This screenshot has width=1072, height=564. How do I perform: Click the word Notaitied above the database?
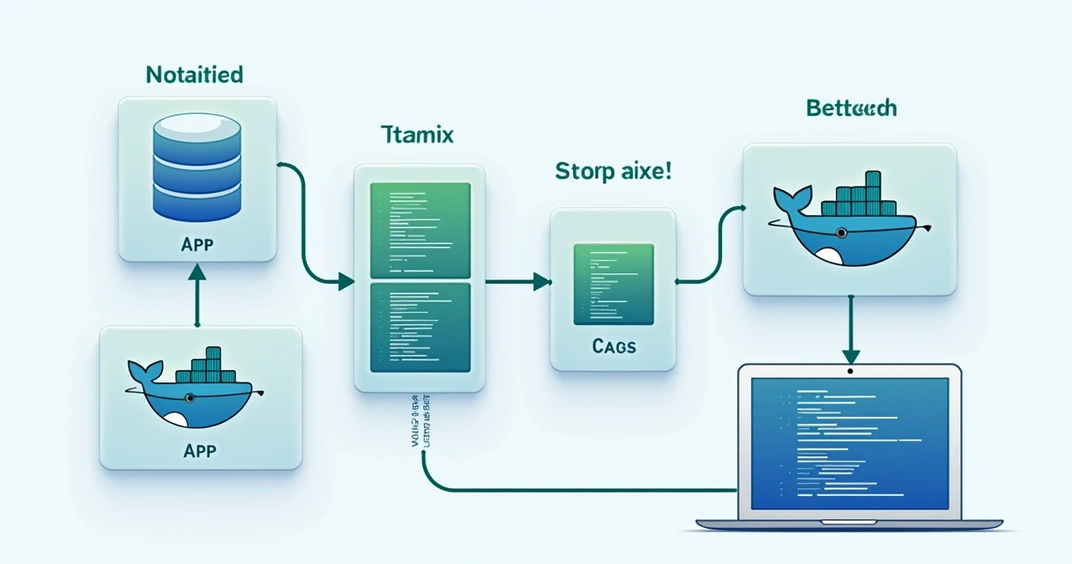click(194, 75)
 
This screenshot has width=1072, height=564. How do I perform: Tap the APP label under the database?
click(196, 244)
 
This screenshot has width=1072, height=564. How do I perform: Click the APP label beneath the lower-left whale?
click(200, 450)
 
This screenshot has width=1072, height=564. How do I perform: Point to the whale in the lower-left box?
click(189, 396)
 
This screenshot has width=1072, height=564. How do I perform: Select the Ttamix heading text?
click(417, 136)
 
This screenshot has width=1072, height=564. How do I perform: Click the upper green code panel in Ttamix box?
click(420, 229)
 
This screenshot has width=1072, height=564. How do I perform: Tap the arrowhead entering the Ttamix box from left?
click(346, 282)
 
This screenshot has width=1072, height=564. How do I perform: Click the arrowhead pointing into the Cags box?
click(541, 282)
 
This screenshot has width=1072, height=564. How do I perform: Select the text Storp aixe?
click(614, 171)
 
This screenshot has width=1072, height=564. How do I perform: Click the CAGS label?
click(614, 346)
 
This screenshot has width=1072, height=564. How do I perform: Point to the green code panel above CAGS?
click(614, 284)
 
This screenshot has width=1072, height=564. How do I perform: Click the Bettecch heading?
click(851, 108)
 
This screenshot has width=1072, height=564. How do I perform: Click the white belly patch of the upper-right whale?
click(830, 256)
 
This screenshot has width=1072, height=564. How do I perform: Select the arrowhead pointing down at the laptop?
click(850, 355)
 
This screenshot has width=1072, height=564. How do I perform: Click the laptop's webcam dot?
click(850, 371)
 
